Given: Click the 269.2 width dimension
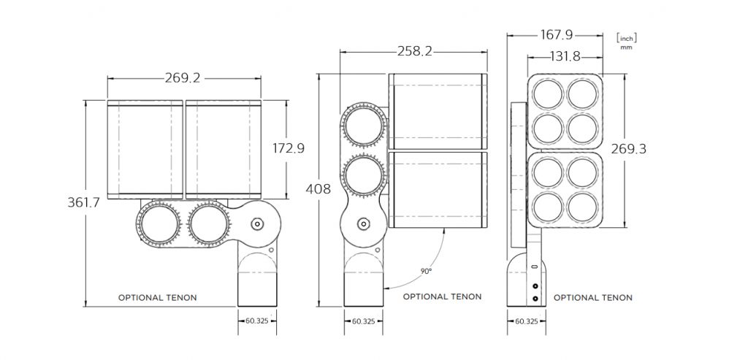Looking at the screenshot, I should [183, 78].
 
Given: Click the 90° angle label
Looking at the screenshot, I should [426, 271].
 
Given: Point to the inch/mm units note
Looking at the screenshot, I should [625, 39].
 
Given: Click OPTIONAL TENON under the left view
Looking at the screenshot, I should [158, 298].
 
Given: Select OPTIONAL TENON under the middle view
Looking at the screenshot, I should [442, 297].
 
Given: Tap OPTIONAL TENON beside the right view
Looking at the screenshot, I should [593, 298].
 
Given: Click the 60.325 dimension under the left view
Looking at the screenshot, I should [257, 321].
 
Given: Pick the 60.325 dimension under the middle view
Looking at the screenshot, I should [364, 321].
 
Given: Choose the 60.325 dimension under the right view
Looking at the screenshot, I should [527, 321].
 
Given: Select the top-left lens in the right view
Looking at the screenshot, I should [547, 94].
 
